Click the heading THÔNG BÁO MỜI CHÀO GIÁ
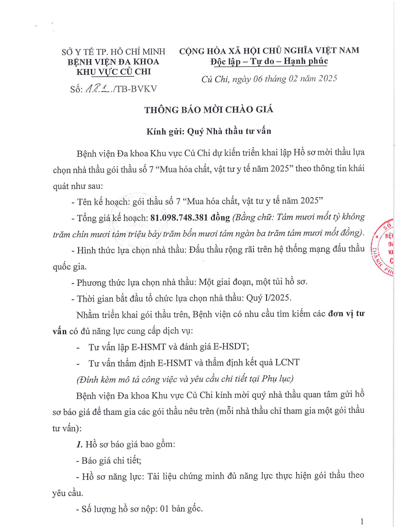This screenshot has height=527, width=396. point(209,109)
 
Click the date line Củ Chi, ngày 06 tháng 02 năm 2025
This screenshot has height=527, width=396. point(269,79)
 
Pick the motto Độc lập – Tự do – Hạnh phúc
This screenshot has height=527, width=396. point(269,61)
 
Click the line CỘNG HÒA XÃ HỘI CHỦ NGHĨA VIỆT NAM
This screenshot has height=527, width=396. point(269,50)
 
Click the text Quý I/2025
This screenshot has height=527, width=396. point(277,298)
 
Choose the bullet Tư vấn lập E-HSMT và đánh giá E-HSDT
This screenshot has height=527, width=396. point(176,347)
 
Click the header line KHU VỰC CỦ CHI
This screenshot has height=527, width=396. point(114,72)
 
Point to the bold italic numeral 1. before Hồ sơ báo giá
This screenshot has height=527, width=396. point(80,445)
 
